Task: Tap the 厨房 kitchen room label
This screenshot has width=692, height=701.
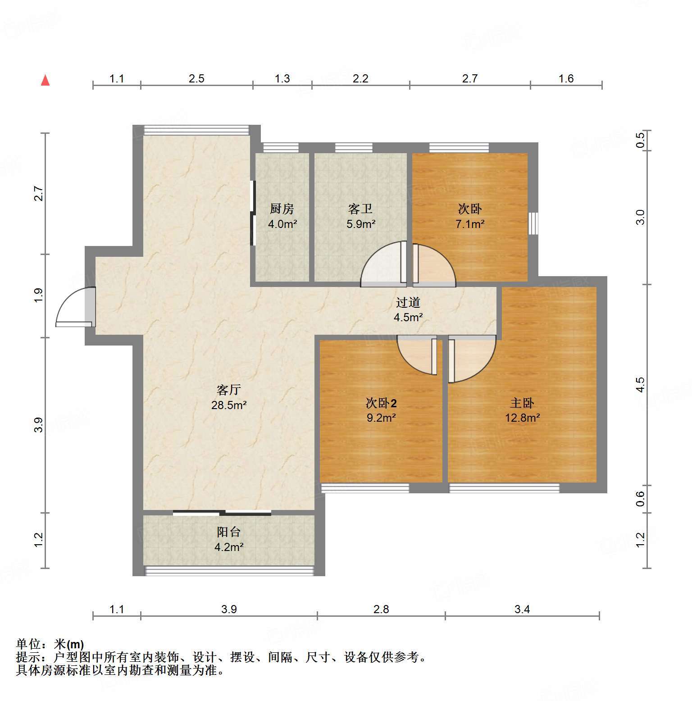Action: pyautogui.click(x=282, y=209)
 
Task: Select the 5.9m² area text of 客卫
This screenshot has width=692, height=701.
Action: pyautogui.click(x=361, y=224)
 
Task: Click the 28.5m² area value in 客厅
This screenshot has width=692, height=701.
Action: pyautogui.click(x=229, y=405)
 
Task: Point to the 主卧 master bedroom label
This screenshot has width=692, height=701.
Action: pyautogui.click(x=522, y=403)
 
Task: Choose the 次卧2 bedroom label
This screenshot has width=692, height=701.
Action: pyautogui.click(x=381, y=403)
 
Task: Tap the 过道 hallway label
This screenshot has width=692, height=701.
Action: pyautogui.click(x=408, y=302)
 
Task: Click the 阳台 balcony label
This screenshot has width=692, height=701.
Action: pyautogui.click(x=229, y=532)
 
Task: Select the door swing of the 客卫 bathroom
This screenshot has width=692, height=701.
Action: pyautogui.click(x=383, y=264)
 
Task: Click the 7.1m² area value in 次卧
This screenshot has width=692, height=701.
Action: pyautogui.click(x=470, y=224)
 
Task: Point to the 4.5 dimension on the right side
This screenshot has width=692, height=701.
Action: pyautogui.click(x=640, y=385)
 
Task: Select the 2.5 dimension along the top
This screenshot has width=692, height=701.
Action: pyautogui.click(x=196, y=79)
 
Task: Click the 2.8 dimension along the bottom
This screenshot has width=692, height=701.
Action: pyautogui.click(x=381, y=610)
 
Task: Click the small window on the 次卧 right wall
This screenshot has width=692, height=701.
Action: pyautogui.click(x=533, y=223)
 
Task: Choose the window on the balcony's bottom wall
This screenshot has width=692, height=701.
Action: pyautogui.click(x=229, y=571)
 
